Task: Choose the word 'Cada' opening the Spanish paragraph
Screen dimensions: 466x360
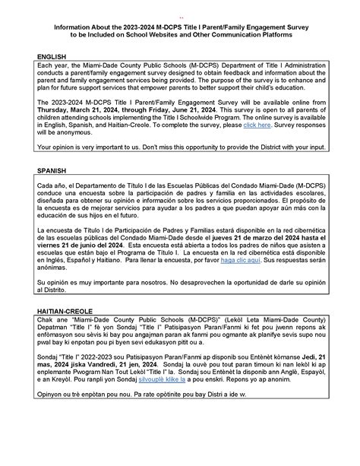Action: [46, 187]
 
